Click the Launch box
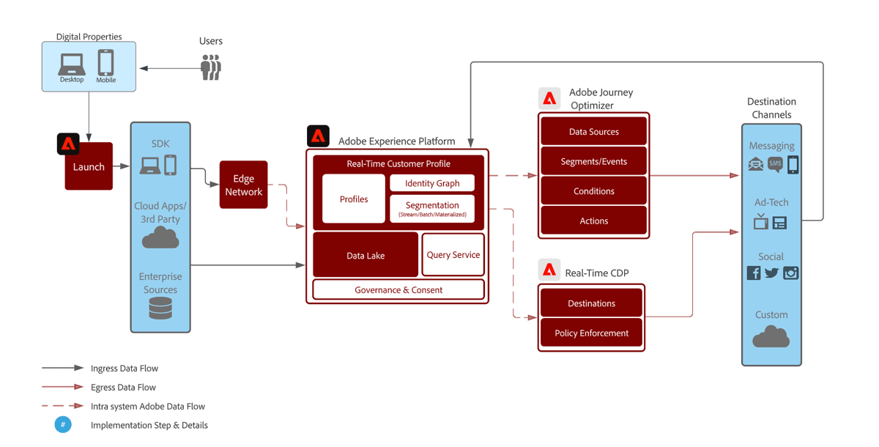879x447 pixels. pyautogui.click(x=89, y=167)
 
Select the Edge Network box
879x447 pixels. pyautogui.click(x=243, y=185)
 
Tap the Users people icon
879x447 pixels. pyautogui.click(x=211, y=67)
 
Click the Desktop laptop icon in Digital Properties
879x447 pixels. pyautogui.click(x=72, y=64)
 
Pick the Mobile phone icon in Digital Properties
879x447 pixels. pyautogui.click(x=106, y=62)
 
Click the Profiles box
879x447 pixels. pyautogui.click(x=354, y=199)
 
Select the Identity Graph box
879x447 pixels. pyautogui.click(x=432, y=183)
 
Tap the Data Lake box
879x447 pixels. pyautogui.click(x=366, y=255)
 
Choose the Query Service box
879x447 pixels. pyautogui.click(x=453, y=254)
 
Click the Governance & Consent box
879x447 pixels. pyautogui.click(x=398, y=289)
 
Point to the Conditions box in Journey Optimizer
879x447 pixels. pyautogui.click(x=593, y=191)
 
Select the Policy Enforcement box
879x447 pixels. pyautogui.click(x=591, y=333)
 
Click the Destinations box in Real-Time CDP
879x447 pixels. pyautogui.click(x=591, y=303)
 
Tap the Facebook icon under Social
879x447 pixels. pyautogui.click(x=753, y=273)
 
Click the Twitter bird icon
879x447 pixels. pyautogui.click(x=771, y=273)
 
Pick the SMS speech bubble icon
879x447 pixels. pyautogui.click(x=775, y=164)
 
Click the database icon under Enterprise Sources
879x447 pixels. pyautogui.click(x=160, y=309)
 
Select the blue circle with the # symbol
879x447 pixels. pyautogui.click(x=63, y=425)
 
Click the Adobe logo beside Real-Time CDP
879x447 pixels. pyautogui.click(x=549, y=270)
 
